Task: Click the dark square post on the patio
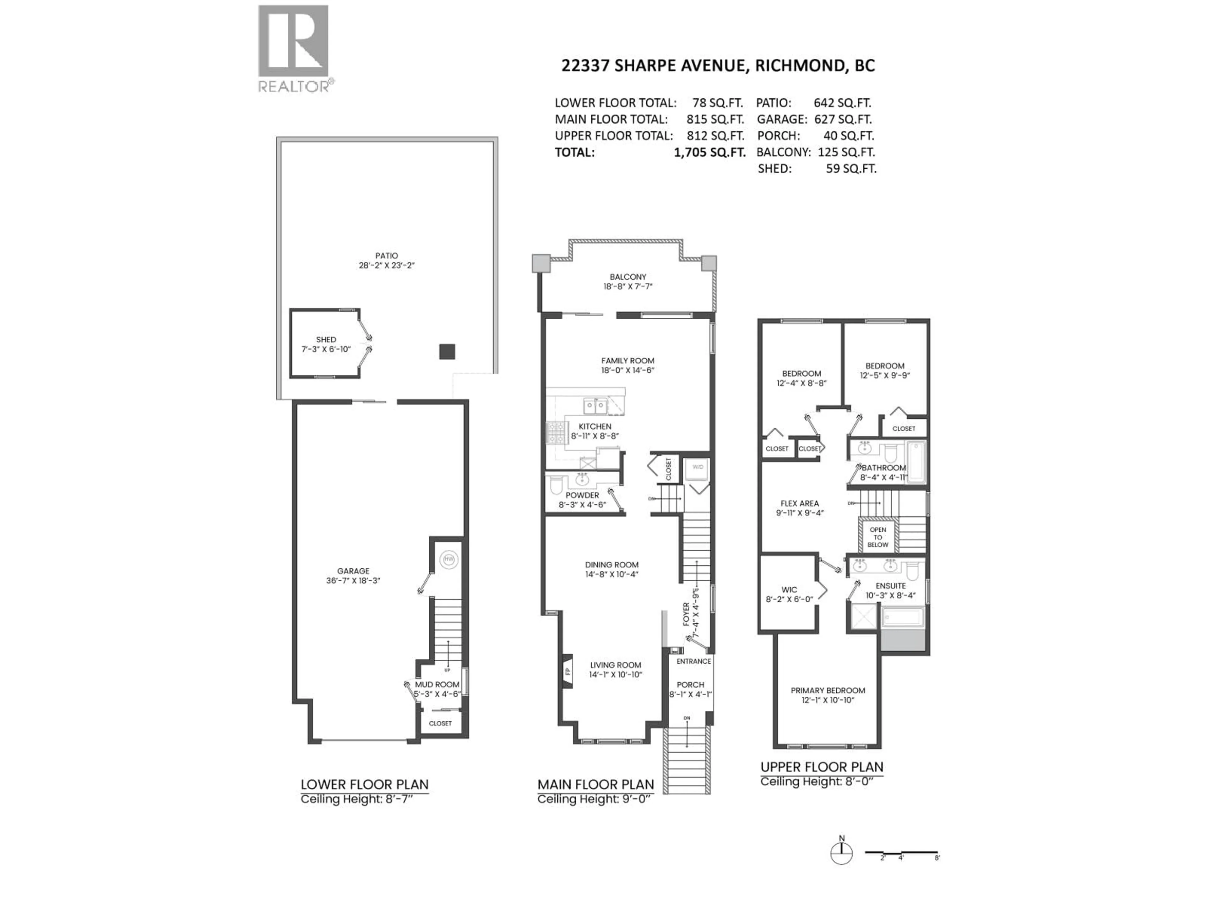[447, 352]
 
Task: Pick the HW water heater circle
[449, 560]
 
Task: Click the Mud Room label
[437, 684]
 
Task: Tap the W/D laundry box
[698, 467]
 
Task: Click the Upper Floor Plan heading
[822, 767]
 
